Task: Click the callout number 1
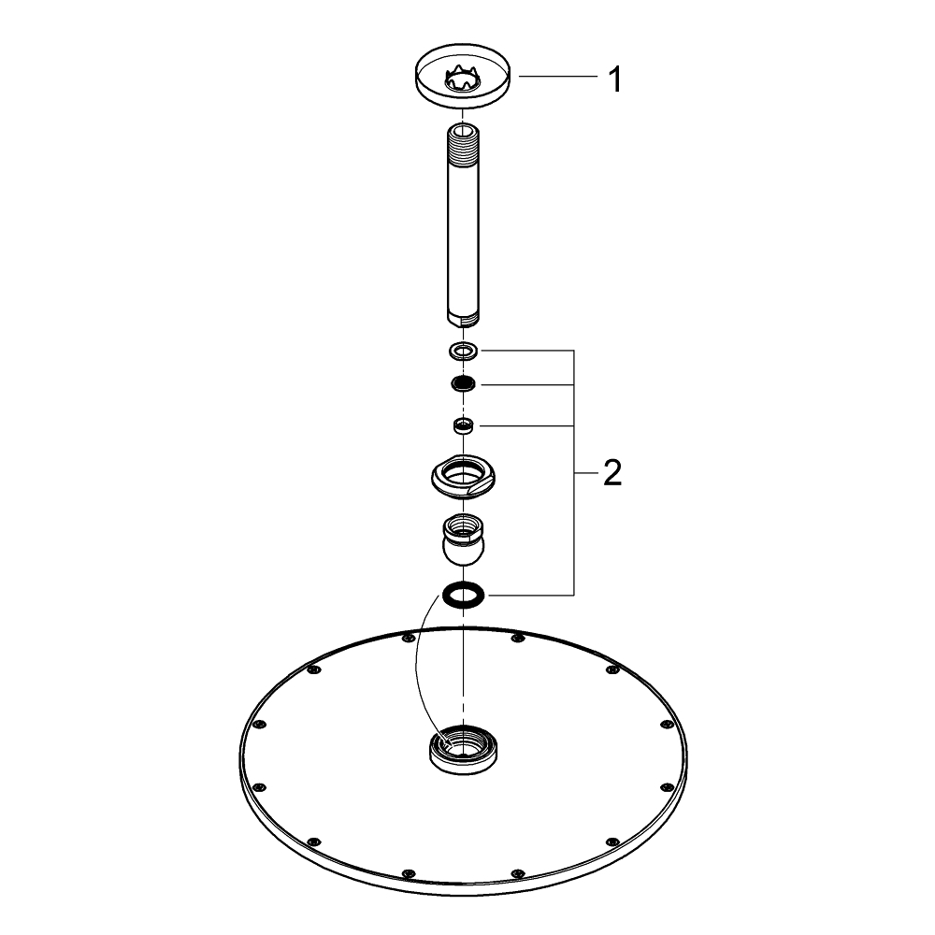click(x=614, y=79)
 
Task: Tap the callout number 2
click(x=612, y=474)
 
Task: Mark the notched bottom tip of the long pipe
click(x=464, y=320)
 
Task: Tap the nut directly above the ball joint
click(x=464, y=477)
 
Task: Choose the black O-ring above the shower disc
click(x=464, y=594)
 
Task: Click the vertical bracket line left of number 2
click(x=572, y=524)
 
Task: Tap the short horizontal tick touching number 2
click(x=583, y=474)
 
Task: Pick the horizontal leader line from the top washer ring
click(x=524, y=351)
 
